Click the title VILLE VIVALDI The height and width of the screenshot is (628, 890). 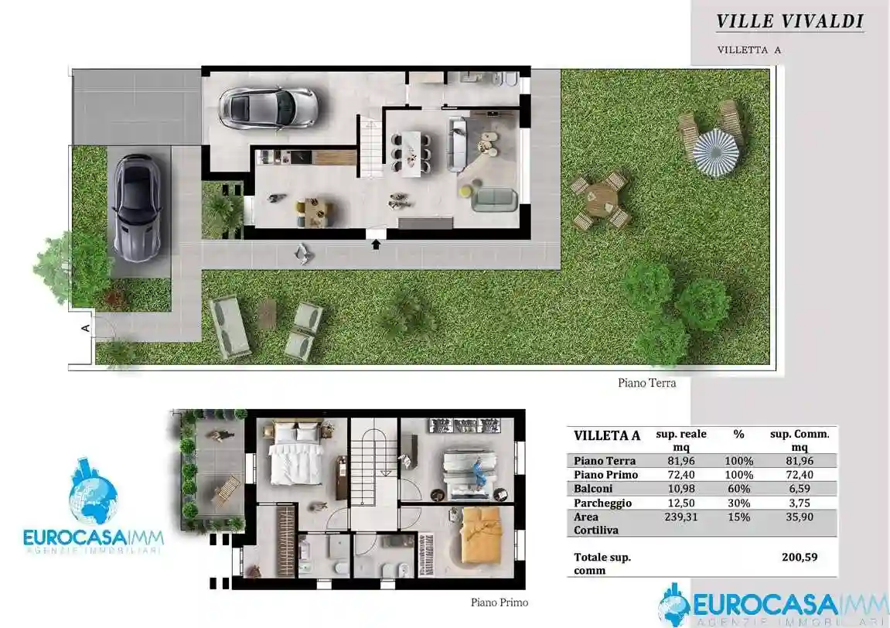(789, 21)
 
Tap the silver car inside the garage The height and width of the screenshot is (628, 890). (268, 108)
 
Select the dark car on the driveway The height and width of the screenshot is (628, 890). (136, 206)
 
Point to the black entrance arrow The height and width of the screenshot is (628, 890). (377, 244)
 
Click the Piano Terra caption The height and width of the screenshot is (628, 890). (646, 382)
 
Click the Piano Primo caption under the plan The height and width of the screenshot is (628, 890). (500, 602)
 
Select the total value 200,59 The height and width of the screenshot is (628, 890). (800, 556)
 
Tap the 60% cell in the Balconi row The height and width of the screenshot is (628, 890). (738, 489)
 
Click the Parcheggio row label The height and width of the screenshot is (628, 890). (602, 503)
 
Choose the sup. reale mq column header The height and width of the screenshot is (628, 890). (680, 440)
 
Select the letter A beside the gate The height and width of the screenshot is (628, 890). (86, 328)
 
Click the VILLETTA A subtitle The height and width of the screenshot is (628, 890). (748, 49)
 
